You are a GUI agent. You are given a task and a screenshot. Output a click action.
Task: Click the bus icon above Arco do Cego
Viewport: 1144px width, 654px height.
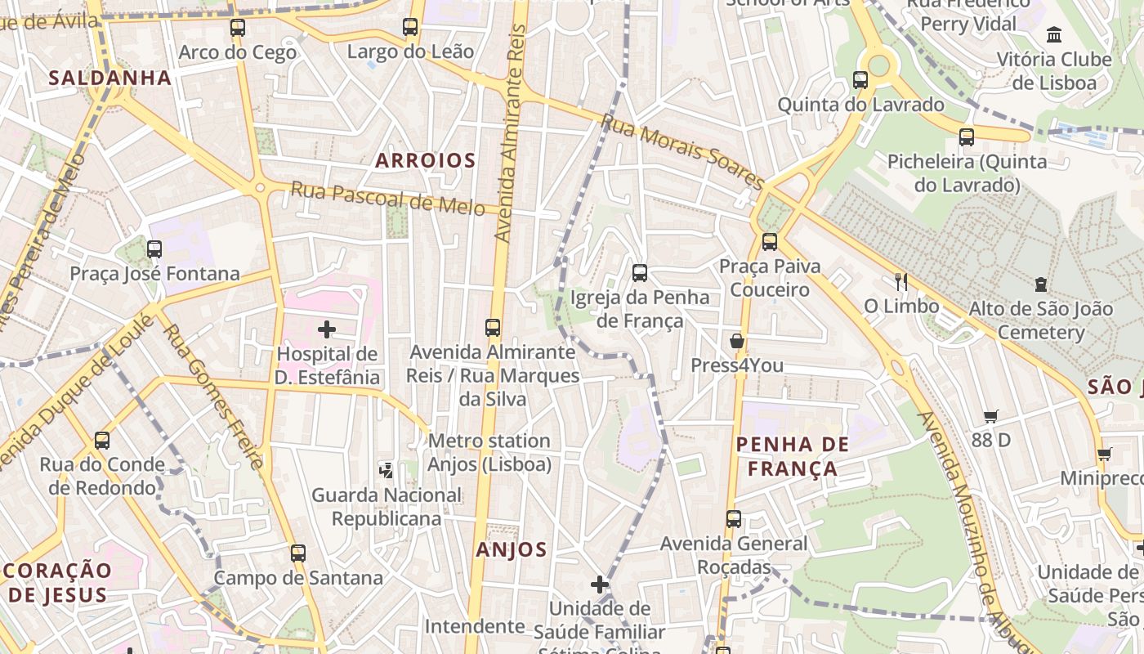click(x=238, y=28)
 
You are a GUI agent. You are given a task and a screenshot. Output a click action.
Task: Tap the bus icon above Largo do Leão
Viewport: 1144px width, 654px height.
click(x=410, y=27)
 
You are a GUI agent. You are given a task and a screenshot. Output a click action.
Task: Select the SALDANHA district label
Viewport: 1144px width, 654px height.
click(x=110, y=78)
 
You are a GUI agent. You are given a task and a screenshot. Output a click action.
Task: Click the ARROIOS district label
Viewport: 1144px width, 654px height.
click(x=425, y=160)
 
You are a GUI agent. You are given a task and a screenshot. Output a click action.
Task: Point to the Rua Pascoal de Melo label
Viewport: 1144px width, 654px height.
click(x=388, y=199)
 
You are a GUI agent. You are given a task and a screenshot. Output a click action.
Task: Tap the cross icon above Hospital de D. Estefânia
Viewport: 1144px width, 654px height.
click(x=327, y=329)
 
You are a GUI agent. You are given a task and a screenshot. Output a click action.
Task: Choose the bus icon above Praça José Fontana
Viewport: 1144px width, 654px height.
click(x=154, y=249)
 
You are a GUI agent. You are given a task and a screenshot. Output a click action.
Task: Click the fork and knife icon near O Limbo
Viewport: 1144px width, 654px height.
click(x=901, y=282)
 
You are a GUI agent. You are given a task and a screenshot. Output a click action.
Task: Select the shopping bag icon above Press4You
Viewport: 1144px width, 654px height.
click(x=737, y=341)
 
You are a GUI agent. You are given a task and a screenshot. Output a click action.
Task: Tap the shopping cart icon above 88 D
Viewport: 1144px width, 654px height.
click(x=991, y=416)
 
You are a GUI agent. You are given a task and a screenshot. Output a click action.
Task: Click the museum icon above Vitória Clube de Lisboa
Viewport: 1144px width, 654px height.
click(x=1054, y=35)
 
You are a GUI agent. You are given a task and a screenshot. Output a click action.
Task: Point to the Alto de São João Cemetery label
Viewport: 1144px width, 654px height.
click(x=1040, y=320)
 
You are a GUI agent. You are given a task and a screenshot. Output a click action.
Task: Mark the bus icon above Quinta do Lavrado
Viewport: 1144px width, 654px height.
click(x=860, y=80)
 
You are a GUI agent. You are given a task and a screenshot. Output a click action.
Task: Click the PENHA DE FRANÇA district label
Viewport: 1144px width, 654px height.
click(x=792, y=456)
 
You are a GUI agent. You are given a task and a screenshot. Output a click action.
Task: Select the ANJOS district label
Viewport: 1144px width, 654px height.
click(x=512, y=549)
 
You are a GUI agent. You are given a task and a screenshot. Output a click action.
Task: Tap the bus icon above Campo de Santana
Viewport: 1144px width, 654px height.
click(x=298, y=553)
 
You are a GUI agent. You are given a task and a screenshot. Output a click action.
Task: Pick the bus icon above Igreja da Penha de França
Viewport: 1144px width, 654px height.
click(x=640, y=273)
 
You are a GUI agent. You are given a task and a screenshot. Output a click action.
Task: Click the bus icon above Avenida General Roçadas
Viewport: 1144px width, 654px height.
click(x=734, y=519)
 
